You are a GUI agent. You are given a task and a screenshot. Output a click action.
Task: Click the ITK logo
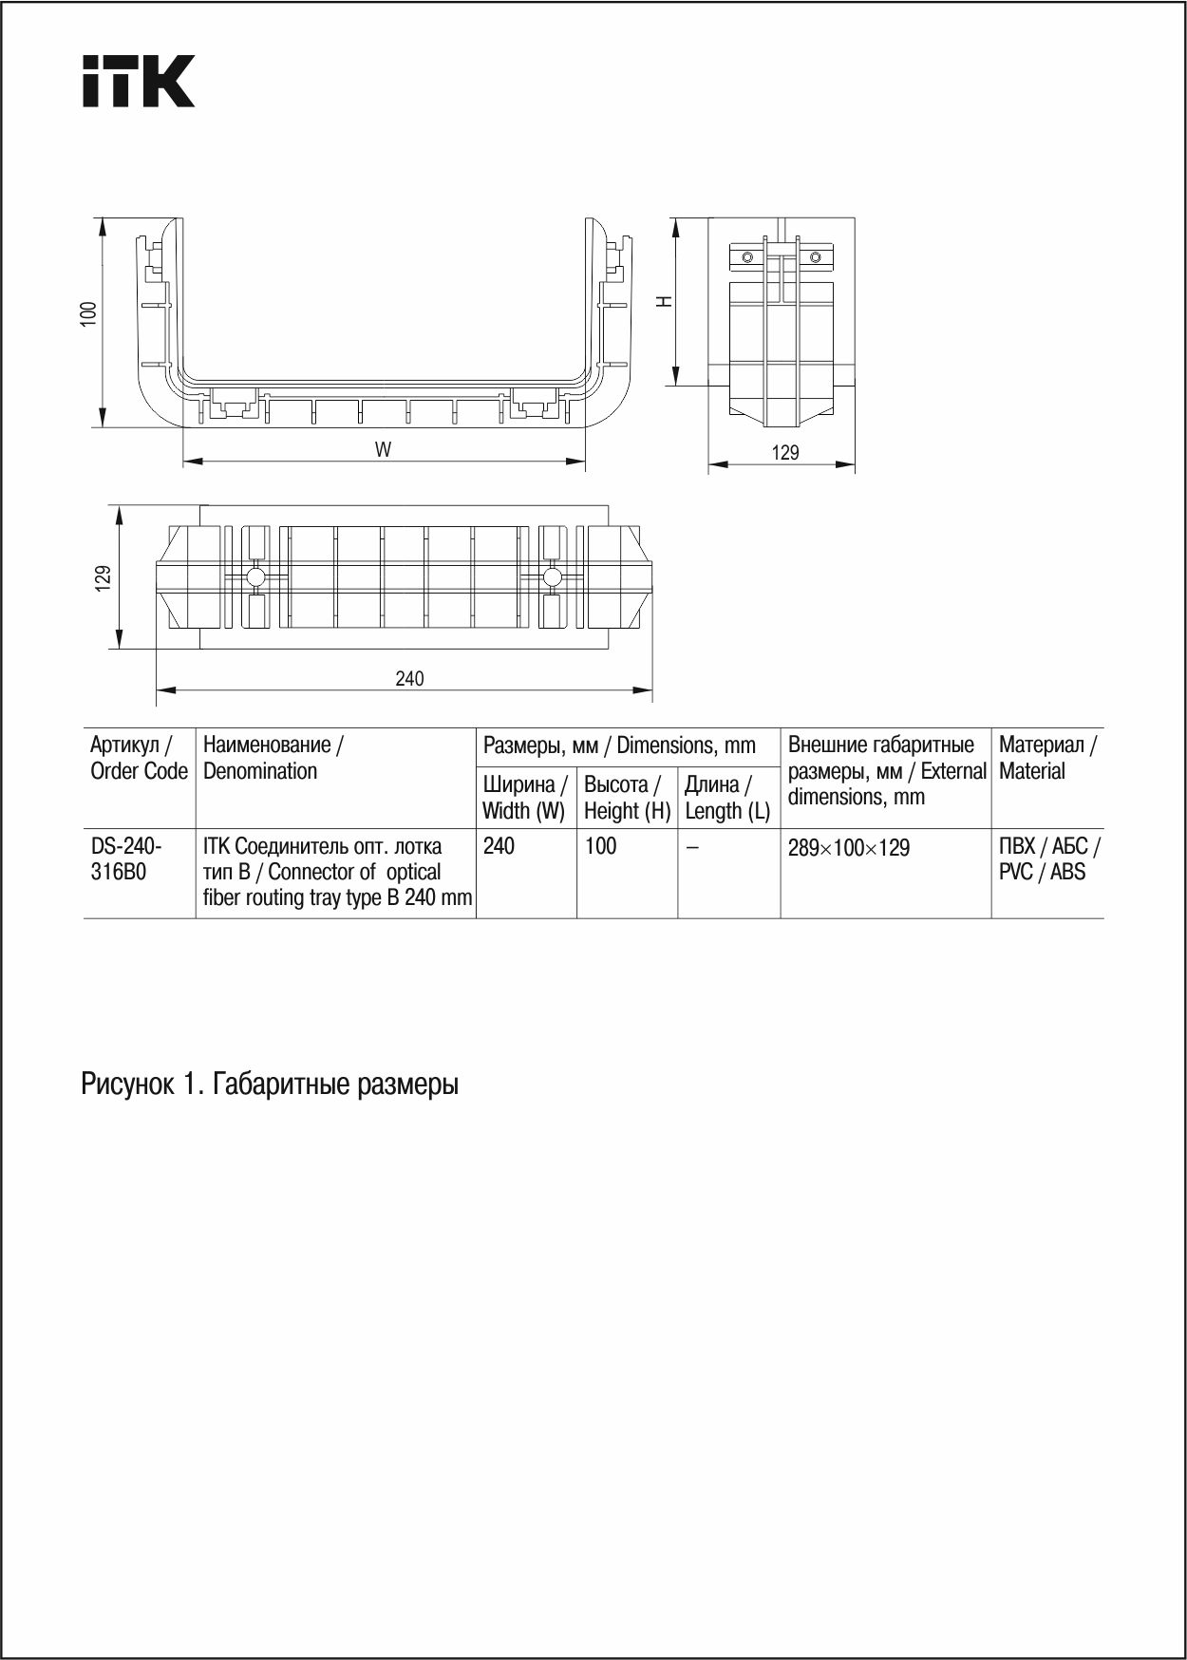coord(139,81)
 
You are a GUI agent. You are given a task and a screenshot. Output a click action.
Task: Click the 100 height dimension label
coord(88,314)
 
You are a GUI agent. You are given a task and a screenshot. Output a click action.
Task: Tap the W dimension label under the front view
coord(383,450)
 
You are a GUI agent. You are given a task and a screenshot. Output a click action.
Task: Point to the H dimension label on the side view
coord(666,301)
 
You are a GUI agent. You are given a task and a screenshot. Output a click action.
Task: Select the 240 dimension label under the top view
coord(409,678)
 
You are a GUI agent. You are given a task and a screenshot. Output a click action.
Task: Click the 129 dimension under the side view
coord(785,453)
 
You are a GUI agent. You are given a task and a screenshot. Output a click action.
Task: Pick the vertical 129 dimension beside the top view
coord(104,577)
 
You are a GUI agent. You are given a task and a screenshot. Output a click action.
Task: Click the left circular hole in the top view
coord(255,576)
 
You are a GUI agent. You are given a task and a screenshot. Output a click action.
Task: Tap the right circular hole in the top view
coord(553,576)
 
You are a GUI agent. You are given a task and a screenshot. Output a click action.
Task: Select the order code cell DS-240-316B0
coord(126,858)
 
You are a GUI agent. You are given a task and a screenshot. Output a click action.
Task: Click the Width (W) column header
coord(524,798)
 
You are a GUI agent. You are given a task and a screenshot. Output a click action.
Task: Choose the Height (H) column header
coord(627,798)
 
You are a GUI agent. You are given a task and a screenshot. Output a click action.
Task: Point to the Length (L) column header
coord(727,798)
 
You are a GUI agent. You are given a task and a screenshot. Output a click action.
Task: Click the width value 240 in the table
coord(499,846)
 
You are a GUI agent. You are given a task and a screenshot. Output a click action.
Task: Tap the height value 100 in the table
coord(600,846)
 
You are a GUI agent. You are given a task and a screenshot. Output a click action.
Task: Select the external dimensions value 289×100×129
coord(848,848)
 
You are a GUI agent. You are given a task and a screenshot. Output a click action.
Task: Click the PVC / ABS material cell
coord(1048,858)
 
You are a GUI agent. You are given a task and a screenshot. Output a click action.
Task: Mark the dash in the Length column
coord(692,847)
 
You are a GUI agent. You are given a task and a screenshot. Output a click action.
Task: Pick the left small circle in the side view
coord(747,257)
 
